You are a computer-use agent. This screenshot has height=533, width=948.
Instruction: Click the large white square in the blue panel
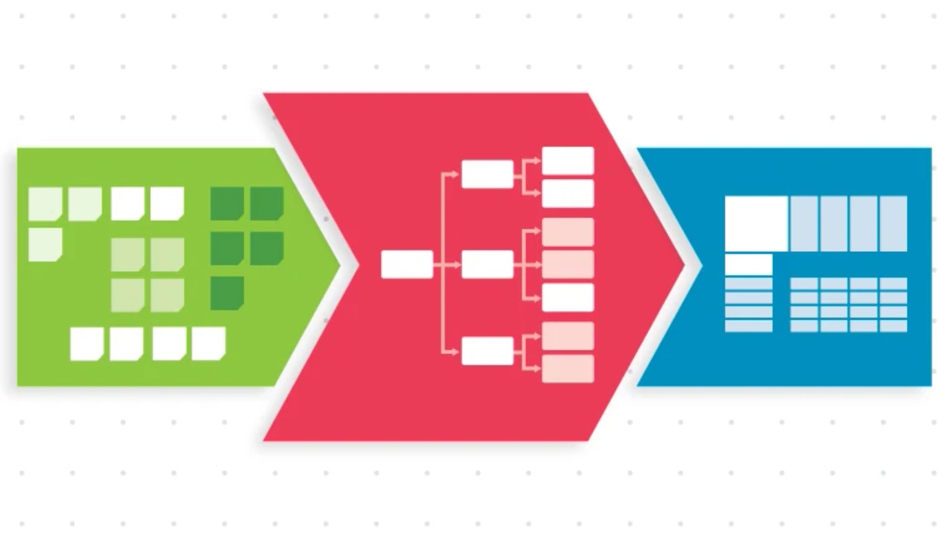[756, 224]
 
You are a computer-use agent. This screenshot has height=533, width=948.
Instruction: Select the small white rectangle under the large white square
[748, 265]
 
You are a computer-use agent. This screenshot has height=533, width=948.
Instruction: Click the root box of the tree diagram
[407, 265]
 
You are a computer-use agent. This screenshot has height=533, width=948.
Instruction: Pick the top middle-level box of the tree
[487, 174]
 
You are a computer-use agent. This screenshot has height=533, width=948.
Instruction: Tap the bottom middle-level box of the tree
[487, 351]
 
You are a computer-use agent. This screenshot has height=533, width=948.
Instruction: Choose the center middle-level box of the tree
[487, 265]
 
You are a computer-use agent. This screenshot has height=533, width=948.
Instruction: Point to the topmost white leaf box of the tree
[568, 161]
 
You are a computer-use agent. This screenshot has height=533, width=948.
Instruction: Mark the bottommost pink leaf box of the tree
[568, 369]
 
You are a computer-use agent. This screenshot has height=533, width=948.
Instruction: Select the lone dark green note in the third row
[227, 293]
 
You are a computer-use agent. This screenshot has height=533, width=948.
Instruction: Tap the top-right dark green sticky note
[267, 203]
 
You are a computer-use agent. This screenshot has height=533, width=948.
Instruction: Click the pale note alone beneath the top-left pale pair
[45, 245]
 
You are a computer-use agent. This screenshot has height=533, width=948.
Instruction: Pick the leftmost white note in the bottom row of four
[87, 344]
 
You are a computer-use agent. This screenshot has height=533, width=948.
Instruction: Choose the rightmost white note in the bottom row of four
[209, 344]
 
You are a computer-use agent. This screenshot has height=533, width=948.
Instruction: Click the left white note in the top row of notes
[128, 203]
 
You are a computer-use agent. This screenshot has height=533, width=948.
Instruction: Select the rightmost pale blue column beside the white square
[893, 224]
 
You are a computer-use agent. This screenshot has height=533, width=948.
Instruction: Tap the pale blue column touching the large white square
[803, 224]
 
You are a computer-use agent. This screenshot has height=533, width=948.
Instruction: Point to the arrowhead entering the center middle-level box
[458, 265]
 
